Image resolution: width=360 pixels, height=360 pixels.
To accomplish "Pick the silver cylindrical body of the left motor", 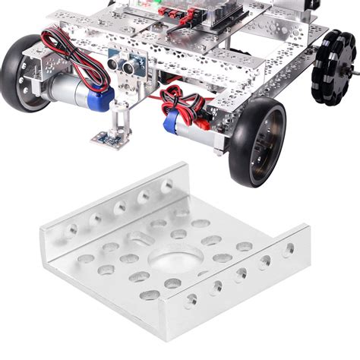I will pos(72,90).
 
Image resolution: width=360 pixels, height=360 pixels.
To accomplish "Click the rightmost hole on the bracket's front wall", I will pos(289,248).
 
